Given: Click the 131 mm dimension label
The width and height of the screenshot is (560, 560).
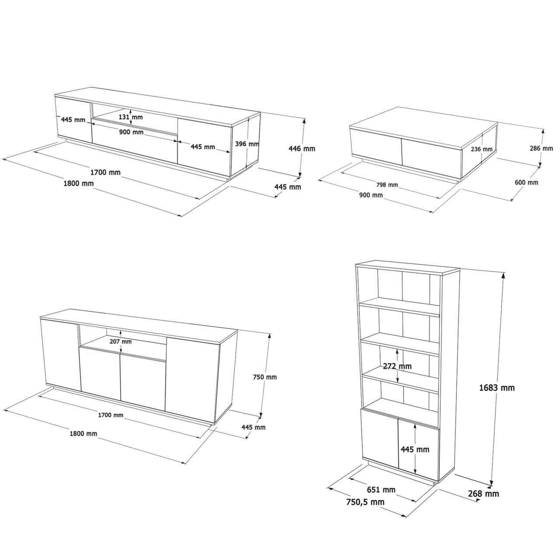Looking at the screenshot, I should click(131, 117).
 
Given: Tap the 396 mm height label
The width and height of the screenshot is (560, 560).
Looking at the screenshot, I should click(247, 143).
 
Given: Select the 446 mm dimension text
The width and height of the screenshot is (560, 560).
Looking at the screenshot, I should click(302, 149).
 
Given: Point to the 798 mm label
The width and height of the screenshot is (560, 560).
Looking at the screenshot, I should click(387, 185).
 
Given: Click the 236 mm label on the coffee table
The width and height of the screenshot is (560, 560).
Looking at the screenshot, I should click(482, 149).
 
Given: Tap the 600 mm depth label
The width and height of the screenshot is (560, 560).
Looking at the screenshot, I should click(527, 182).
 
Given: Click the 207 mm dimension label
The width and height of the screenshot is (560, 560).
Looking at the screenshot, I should click(120, 341).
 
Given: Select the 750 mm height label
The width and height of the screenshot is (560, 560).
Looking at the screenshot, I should click(265, 377).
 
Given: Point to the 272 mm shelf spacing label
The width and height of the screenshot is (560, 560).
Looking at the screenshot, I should click(397, 366).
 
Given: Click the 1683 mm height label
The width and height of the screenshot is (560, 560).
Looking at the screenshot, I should click(497, 387).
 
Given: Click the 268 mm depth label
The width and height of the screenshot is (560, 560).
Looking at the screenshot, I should click(483, 494).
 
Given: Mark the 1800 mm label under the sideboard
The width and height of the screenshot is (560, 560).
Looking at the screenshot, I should click(83, 434).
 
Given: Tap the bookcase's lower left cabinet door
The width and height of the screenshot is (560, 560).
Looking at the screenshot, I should click(379, 437).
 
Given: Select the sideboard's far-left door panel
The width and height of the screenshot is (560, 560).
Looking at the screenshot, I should click(60, 354).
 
